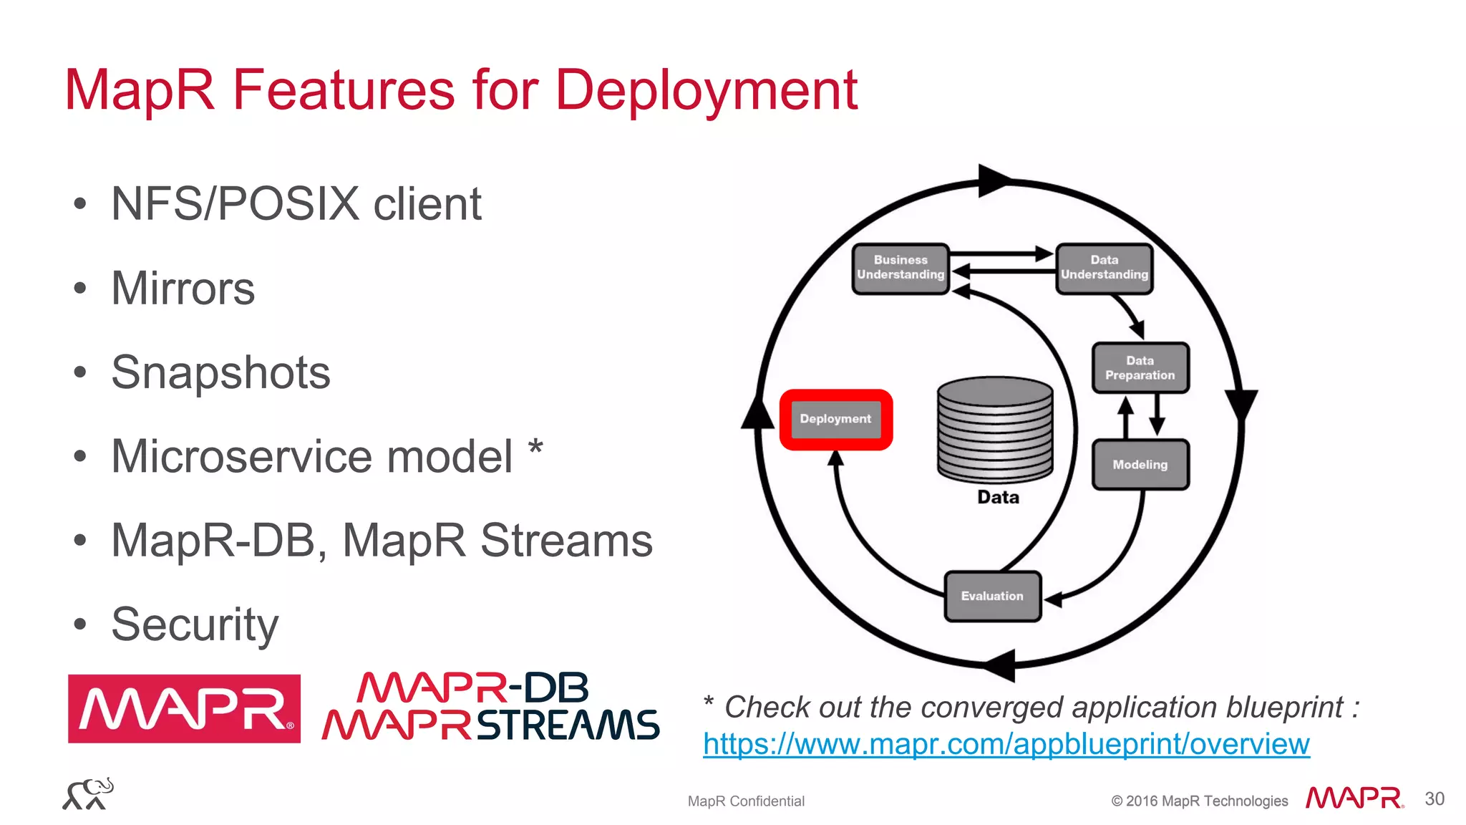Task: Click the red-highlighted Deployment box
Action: [x=835, y=420]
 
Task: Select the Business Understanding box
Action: [x=901, y=268]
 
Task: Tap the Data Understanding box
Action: [x=1104, y=268]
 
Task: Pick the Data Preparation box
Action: [x=1140, y=368]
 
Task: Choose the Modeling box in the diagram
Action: [x=1140, y=465]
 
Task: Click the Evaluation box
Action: [x=992, y=596]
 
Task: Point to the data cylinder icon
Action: [x=995, y=430]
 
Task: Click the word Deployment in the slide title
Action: [x=706, y=92]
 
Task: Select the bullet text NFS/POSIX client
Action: [x=296, y=204]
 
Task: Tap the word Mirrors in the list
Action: [x=183, y=289]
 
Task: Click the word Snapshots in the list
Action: [x=220, y=372]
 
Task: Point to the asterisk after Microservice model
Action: [x=535, y=449]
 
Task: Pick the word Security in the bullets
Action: [x=195, y=624]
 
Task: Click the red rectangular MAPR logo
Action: [x=184, y=708]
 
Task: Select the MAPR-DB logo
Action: [x=472, y=688]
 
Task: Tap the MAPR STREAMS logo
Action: [x=490, y=725]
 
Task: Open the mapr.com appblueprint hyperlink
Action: [x=1006, y=744]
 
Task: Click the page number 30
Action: [x=1434, y=799]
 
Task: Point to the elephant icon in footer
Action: [x=88, y=793]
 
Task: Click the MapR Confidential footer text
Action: [x=746, y=801]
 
